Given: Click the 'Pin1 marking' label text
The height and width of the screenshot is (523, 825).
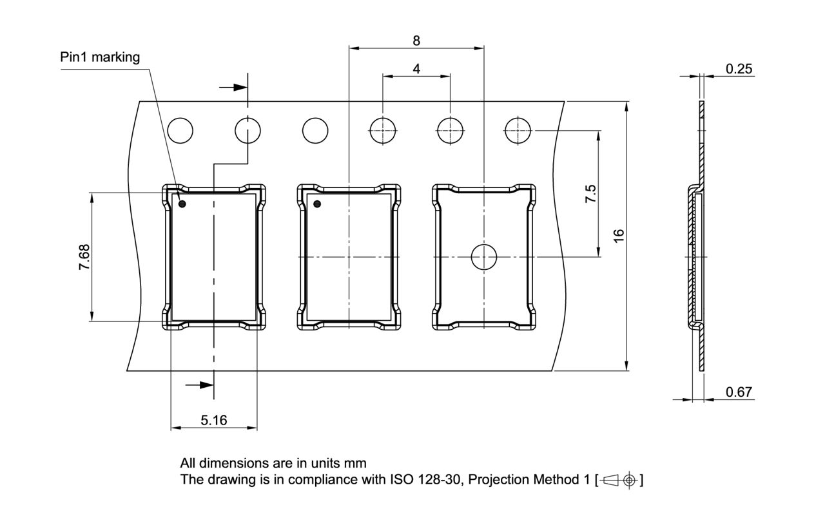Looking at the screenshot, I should coord(100,57).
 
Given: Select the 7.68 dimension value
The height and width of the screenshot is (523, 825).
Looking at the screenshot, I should coord(84,257).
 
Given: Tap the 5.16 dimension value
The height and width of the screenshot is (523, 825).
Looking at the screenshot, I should coord(214,421).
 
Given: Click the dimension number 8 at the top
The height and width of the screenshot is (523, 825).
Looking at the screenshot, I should coord(416,40).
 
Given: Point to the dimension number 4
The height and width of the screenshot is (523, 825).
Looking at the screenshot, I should coord(417,68).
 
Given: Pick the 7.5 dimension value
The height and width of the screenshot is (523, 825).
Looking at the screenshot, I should coord(590,194).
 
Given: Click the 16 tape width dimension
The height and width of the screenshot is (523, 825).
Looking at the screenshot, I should coord(619,236).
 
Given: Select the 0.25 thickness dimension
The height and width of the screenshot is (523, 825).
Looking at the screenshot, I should coord(739,69).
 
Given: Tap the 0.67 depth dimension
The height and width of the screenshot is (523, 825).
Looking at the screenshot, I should coord(739,392).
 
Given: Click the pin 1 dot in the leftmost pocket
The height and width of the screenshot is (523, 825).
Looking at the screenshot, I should coord(182,204).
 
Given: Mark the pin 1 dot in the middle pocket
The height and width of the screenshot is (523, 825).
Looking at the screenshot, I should coord(317,204).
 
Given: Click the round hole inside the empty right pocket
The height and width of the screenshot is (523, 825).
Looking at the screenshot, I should coord(483,257).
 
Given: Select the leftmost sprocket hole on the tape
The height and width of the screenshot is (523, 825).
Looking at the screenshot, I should coord(180,131).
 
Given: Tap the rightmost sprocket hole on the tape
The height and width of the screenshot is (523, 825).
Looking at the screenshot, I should coord(518,131).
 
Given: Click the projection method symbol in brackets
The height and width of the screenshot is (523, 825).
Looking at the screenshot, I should coord(619,480).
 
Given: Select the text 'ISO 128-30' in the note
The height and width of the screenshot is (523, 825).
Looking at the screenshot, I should coord(420,480).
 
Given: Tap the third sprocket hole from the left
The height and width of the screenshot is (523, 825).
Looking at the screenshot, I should coord(315,131).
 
